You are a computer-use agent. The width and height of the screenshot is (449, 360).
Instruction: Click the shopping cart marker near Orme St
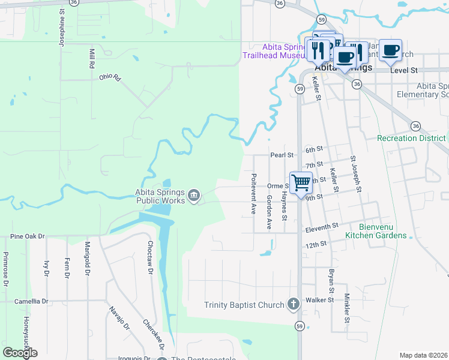click(301, 181)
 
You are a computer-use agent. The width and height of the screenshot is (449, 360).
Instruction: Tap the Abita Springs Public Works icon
click(194, 195)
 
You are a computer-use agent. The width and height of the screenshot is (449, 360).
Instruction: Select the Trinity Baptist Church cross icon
click(293, 304)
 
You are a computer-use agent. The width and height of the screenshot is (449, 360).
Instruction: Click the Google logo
click(20, 352)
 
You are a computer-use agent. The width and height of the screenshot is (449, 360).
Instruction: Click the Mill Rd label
click(92, 58)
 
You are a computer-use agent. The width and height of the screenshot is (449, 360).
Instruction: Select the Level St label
click(403, 70)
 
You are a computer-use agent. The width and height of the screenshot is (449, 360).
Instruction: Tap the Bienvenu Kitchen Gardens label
click(375, 231)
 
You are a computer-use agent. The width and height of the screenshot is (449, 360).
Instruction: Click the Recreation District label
click(412, 138)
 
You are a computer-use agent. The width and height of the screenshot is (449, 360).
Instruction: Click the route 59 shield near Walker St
click(300, 326)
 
